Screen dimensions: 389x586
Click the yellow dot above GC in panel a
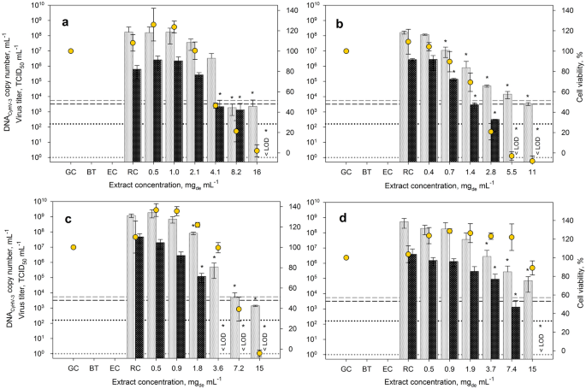pyautogui.click(x=71, y=51)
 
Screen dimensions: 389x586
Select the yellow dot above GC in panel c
pyautogui.click(x=71, y=247)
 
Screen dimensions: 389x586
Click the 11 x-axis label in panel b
pyautogui.click(x=532, y=172)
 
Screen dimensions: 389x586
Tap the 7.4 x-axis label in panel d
pyautogui.click(x=512, y=368)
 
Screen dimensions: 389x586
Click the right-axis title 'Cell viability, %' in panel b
pyautogui.click(x=578, y=82)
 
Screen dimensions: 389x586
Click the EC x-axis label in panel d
pyautogui.click(x=388, y=368)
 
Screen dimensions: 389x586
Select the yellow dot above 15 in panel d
pyautogui.click(x=531, y=268)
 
